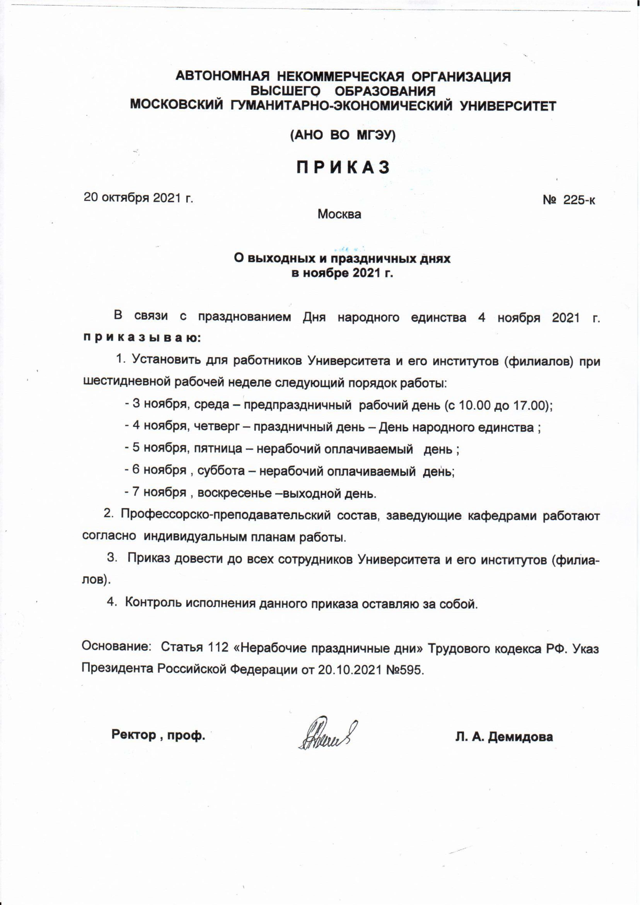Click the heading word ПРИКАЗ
coord(343,167)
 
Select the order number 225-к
coord(578,200)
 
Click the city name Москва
coord(339,215)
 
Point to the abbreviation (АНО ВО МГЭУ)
coord(343,135)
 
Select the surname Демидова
coord(520,737)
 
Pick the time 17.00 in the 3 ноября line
coord(529,405)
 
